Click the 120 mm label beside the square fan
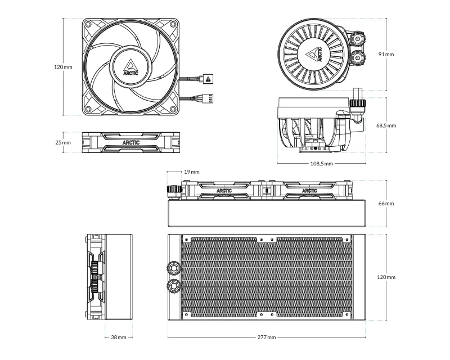pos(63,67)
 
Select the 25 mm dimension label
pos(63,143)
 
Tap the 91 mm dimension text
pos(386,55)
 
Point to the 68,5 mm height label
pos(386,125)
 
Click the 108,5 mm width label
pos(322,164)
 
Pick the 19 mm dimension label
pos(191,172)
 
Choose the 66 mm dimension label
pos(386,203)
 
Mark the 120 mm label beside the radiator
pos(386,278)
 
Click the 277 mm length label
pos(267,337)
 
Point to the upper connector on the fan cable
pos(207,79)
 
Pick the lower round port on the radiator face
pos(173,287)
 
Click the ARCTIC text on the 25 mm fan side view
pos(130,143)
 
